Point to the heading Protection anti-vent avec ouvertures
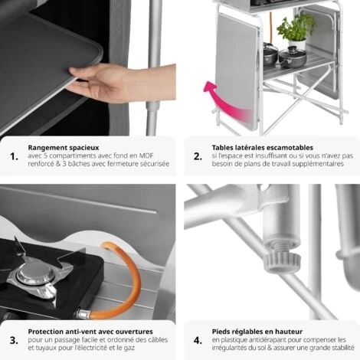tap(83, 331)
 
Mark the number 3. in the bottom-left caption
tap(14, 339)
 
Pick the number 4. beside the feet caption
tap(197, 339)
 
